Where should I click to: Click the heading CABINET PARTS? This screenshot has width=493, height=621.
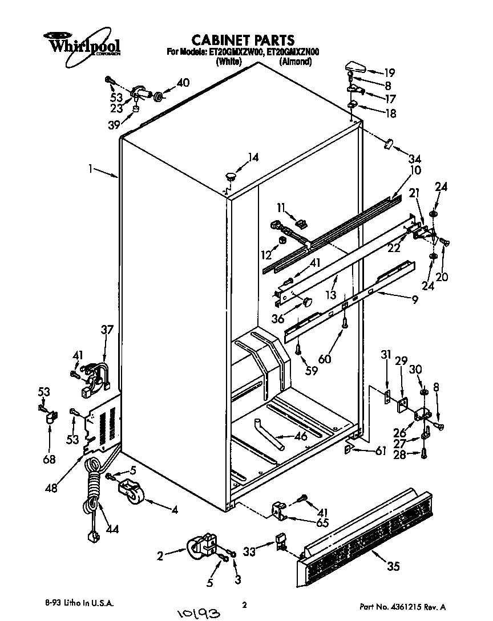point(243,40)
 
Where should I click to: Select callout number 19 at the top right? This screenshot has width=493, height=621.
point(389,73)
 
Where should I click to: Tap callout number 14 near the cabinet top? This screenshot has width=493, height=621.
point(253,157)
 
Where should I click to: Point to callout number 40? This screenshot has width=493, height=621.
point(183,83)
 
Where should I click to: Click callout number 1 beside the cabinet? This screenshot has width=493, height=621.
point(90,169)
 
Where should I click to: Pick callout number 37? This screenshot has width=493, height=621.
point(107,330)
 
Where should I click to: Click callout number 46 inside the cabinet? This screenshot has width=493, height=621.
point(301,437)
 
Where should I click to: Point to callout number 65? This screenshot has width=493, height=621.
point(322,522)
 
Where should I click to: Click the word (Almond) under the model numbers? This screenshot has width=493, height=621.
point(295,62)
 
